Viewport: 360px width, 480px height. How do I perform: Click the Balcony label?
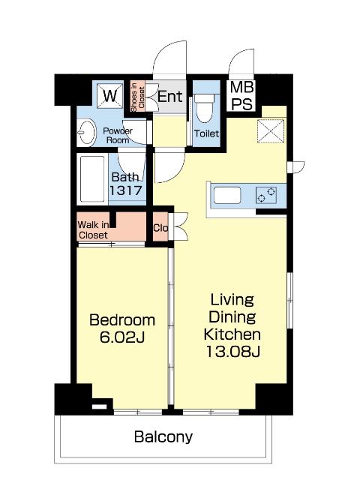coord(163,436)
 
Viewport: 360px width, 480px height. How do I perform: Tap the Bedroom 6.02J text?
coord(122,328)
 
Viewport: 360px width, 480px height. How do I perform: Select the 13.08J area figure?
coord(232,352)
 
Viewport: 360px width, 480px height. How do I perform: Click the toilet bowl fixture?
coord(205,108)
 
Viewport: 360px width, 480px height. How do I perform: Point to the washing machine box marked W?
coord(109,96)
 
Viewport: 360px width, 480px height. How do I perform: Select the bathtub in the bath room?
coord(92,179)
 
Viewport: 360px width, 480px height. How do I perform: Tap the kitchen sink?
coord(227,195)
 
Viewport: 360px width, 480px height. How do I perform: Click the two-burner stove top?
coord(266,195)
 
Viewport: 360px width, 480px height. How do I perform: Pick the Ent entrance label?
coord(170,97)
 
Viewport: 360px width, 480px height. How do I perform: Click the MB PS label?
coord(241,95)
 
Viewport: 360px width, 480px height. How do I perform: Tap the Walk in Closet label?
coord(93,230)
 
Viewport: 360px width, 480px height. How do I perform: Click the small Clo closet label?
coord(160,228)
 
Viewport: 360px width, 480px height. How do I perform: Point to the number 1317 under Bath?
coord(126,190)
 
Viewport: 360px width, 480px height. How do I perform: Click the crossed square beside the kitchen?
coord(271,131)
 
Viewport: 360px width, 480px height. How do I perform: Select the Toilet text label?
coord(207,133)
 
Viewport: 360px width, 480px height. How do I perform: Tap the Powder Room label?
coord(118,136)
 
